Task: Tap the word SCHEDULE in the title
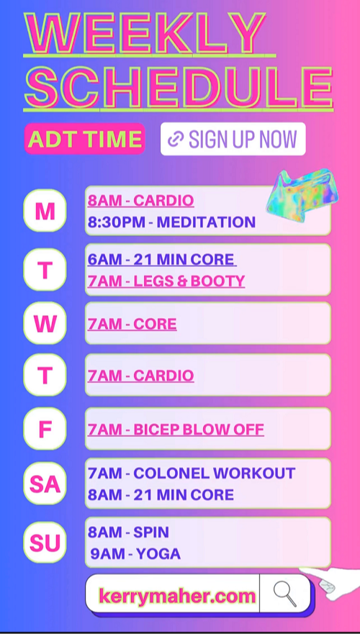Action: (179, 86)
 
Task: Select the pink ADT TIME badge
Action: (84, 139)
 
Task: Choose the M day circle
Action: (45, 211)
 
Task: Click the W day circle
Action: (45, 323)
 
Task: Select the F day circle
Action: (45, 429)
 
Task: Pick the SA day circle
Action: (45, 484)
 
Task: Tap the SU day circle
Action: (45, 542)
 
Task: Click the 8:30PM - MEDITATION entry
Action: (171, 222)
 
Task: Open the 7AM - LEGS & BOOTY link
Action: (166, 281)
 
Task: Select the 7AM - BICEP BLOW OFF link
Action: (176, 429)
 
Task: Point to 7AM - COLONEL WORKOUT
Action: (192, 473)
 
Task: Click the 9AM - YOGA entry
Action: (135, 553)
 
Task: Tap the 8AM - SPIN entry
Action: (128, 532)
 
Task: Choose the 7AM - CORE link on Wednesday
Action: (132, 324)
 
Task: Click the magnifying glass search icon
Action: (285, 594)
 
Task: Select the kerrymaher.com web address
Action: (177, 596)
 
